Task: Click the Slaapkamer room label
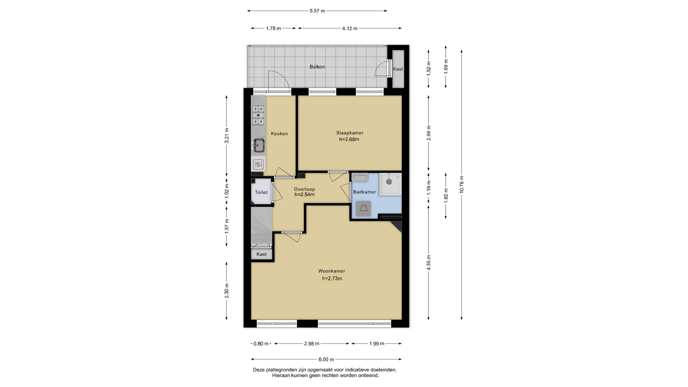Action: coord(350,133)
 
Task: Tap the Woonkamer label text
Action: coord(331,271)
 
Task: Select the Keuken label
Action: coord(279,134)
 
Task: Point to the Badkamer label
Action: coord(364,192)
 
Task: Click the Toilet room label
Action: coord(261,192)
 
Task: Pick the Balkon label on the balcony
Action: coord(317,67)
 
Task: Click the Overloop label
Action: coord(304,189)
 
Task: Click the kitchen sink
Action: coord(258,145)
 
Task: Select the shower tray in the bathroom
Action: coord(391,184)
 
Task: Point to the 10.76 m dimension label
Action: coord(462,185)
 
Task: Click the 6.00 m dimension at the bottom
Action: coord(326,359)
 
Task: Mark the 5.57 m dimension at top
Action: coord(317,11)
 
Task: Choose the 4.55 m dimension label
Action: coord(429,262)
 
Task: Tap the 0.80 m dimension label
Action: coord(261,344)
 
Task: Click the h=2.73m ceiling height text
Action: coord(332,278)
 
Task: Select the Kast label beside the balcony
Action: coord(398,69)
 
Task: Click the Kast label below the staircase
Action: coord(262,254)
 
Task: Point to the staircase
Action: coord(262,226)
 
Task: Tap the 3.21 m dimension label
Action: coord(226,136)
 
